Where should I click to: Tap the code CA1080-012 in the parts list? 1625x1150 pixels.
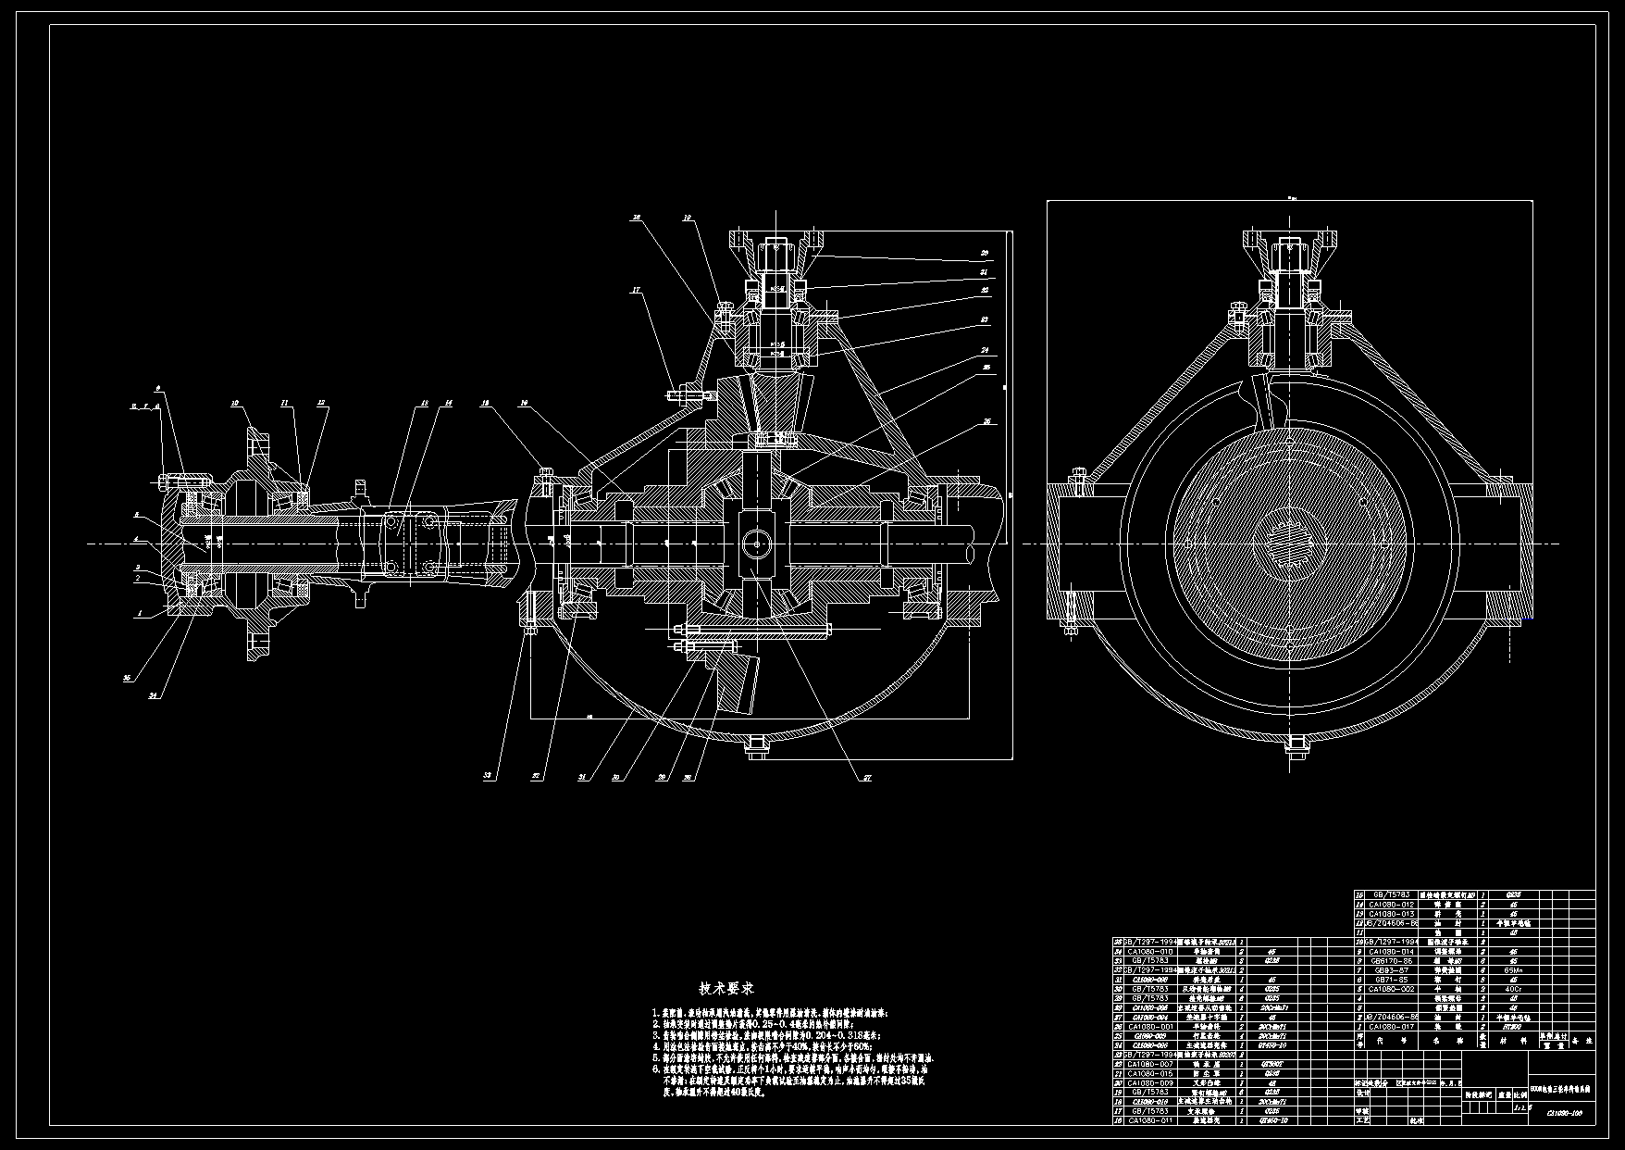pos(1392,904)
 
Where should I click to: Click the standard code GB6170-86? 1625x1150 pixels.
pos(1392,960)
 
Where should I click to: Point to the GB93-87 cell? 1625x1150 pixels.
pos(1392,969)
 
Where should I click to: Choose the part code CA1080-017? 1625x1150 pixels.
pos(1392,1026)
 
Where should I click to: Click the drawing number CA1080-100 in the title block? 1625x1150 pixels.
pos(1564,1114)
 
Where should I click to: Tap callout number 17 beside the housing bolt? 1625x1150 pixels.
pos(636,290)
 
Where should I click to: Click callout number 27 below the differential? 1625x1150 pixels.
pos(867,778)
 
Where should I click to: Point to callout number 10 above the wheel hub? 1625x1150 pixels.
pos(235,403)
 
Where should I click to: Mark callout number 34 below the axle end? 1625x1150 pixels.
pos(154,694)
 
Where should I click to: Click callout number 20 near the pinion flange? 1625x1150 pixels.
pos(985,253)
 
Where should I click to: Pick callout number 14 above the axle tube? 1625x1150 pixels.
pos(448,403)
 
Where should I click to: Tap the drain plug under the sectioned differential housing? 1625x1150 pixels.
pos(756,748)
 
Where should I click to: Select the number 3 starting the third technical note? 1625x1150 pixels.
pos(655,1035)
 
